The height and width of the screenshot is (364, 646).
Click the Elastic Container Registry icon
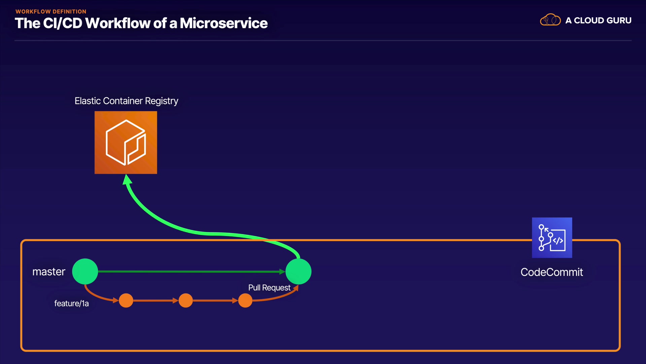(x=126, y=143)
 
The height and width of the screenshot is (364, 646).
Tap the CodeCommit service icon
(x=552, y=238)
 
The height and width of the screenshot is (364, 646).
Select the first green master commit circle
(x=85, y=271)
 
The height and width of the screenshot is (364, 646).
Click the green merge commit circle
(x=298, y=271)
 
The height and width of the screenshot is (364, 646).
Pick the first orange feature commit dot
(x=126, y=300)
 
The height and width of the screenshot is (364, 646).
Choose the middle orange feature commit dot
(x=186, y=300)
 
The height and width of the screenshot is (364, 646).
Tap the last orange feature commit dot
(x=245, y=300)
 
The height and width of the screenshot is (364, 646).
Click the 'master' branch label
(x=49, y=272)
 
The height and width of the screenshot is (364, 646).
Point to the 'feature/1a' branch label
(x=72, y=303)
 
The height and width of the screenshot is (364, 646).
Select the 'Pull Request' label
(x=269, y=287)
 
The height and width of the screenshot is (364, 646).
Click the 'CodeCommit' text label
(x=552, y=272)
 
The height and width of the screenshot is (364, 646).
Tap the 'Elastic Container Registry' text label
(x=127, y=101)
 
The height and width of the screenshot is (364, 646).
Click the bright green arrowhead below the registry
(x=127, y=180)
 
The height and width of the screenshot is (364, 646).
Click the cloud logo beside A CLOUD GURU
(x=550, y=20)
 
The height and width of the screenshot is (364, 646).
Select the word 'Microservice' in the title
(x=224, y=23)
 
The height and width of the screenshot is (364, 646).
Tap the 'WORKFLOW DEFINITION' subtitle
(x=51, y=11)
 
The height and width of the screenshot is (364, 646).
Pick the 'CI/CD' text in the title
(x=63, y=23)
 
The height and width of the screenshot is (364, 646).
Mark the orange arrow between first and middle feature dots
(x=156, y=300)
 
